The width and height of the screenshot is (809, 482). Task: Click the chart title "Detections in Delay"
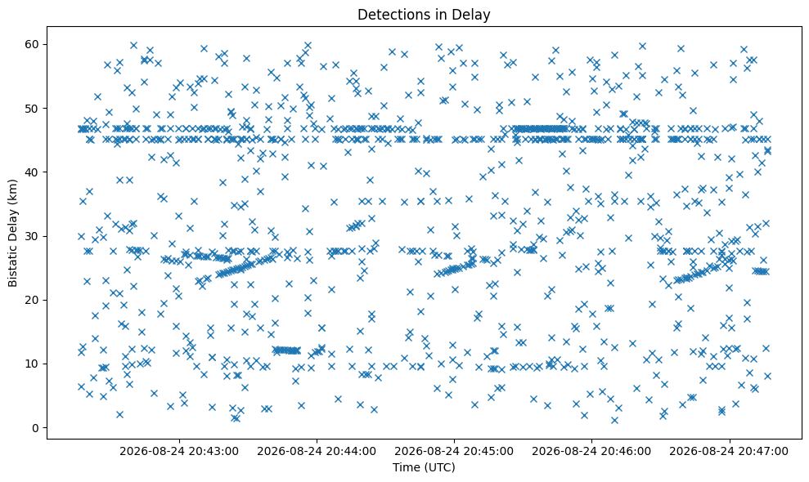(424, 15)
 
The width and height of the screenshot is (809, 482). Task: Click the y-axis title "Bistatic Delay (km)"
(12, 233)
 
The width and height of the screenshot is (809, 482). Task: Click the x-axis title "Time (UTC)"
(424, 467)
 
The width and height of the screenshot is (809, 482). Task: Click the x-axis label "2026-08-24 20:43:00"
(179, 452)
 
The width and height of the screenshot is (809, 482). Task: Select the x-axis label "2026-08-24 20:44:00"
(317, 452)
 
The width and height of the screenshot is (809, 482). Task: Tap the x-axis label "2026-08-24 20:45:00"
(454, 452)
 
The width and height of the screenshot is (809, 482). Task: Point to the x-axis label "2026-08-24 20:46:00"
(591, 452)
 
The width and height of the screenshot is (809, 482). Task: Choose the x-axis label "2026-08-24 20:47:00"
(729, 452)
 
